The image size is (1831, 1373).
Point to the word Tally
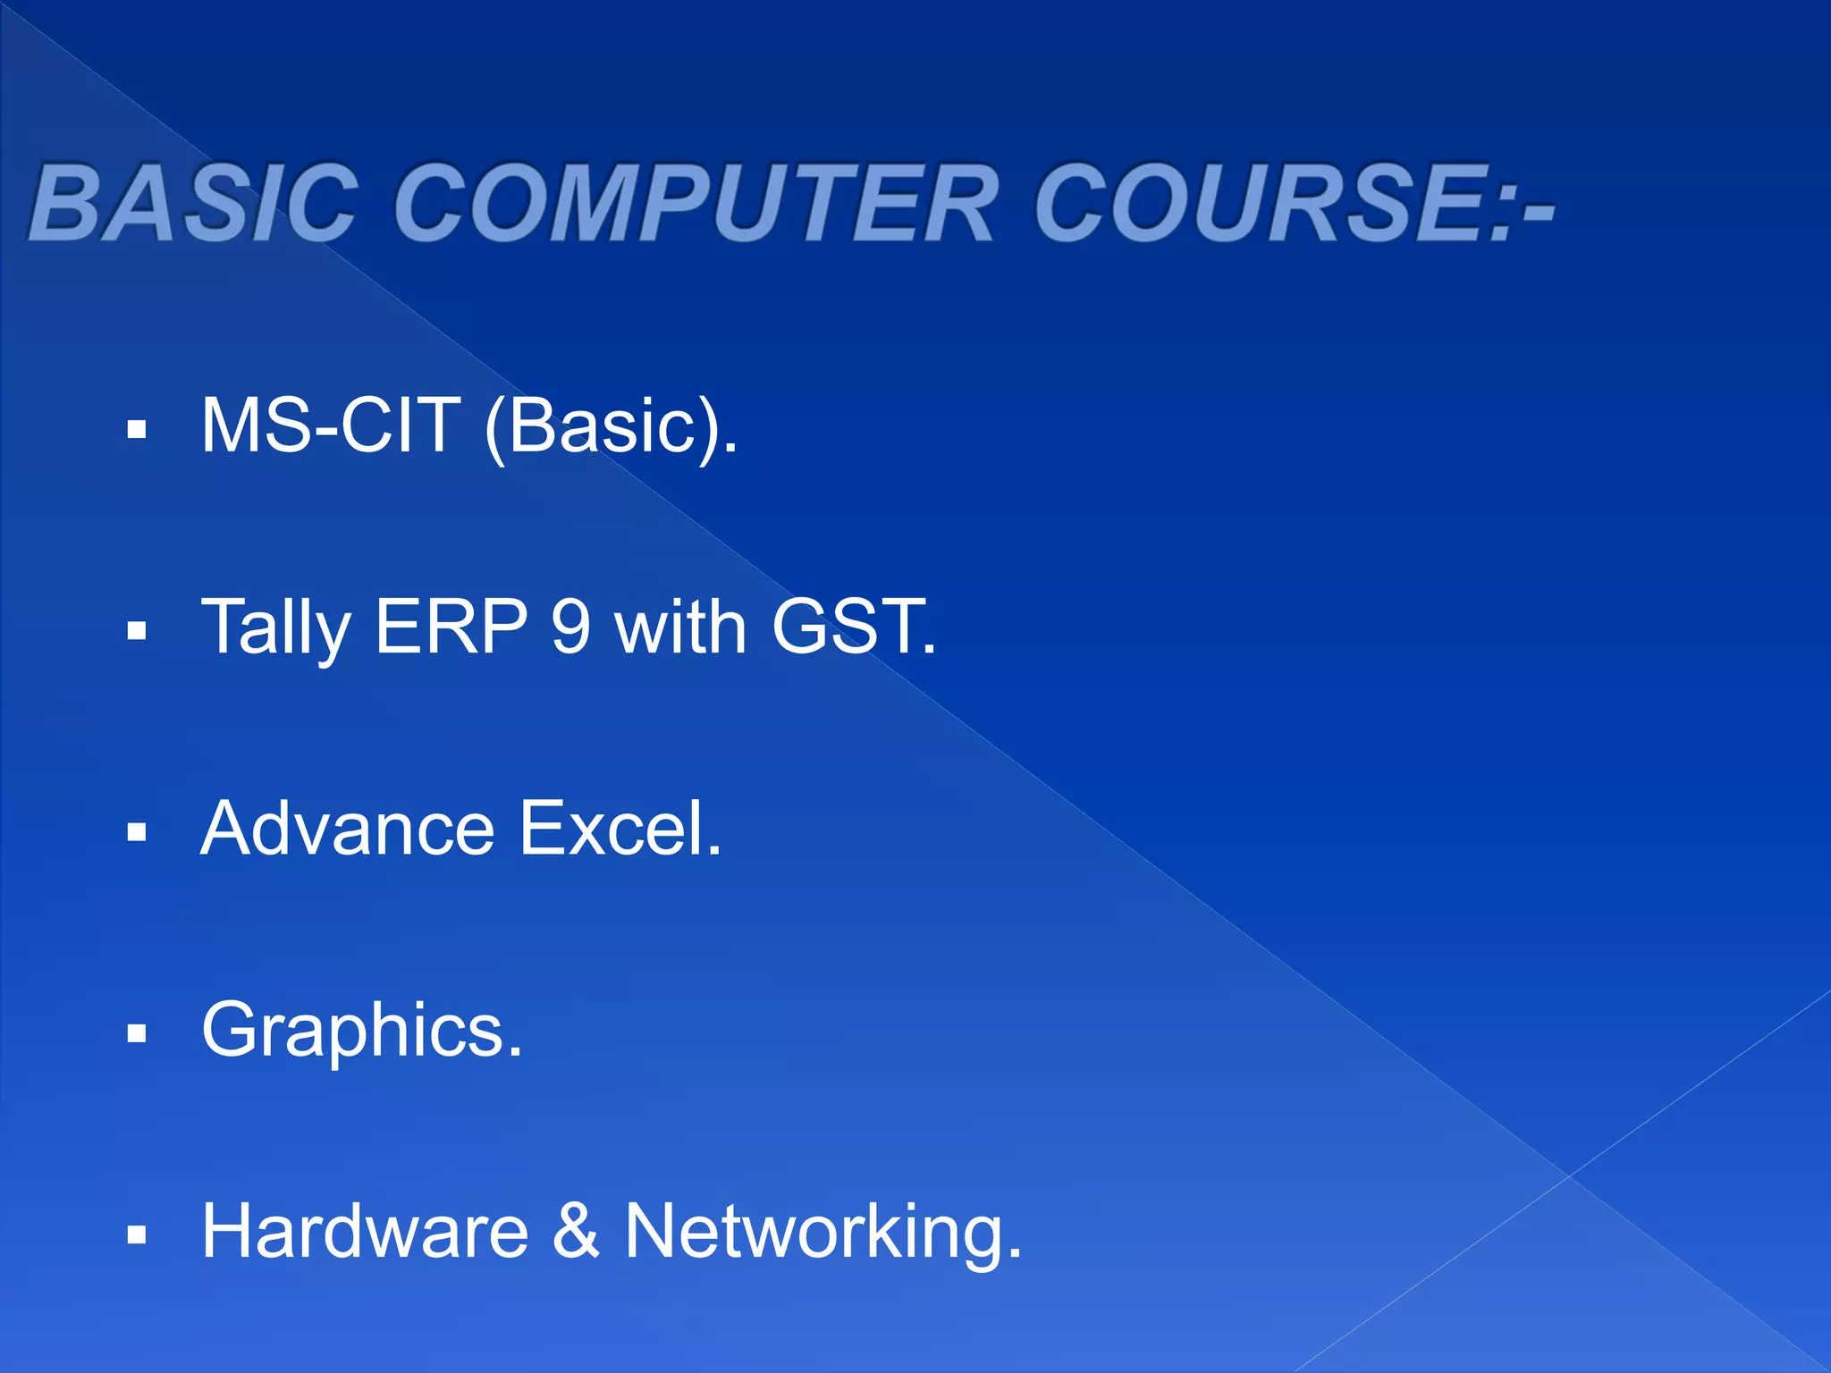275,629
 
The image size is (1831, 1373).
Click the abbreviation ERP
451,628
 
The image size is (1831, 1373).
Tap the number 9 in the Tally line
570,628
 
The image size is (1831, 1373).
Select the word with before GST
680,628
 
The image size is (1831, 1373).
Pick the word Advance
348,830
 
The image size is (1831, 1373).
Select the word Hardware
365,1232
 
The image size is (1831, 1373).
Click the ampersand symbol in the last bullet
576,1232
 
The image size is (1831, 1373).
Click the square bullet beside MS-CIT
137,431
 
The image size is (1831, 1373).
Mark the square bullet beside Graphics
137,1035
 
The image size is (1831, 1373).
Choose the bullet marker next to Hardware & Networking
137,1236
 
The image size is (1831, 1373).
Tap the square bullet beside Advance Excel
137,834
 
